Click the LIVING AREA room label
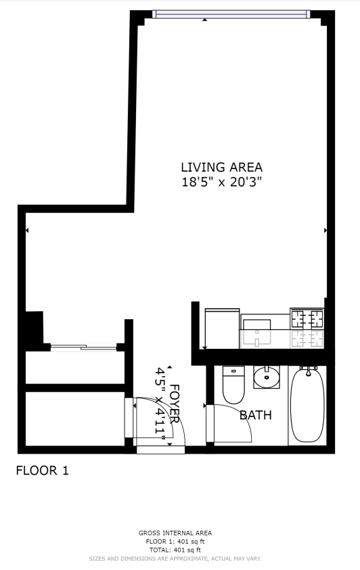221,167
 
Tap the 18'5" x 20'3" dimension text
222,181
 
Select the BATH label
256,415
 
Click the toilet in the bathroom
233,385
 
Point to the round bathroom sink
267,377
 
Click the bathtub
307,404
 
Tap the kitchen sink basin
256,332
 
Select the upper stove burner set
307,318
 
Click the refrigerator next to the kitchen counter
222,328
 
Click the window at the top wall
231,14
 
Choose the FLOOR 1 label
42,471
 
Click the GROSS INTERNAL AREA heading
175,533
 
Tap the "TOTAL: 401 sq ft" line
175,550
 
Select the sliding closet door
84,347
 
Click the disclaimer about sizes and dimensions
175,559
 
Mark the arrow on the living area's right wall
325,230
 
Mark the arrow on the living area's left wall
27,230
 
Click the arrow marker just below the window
205,20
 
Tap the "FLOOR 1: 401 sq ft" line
175,542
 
